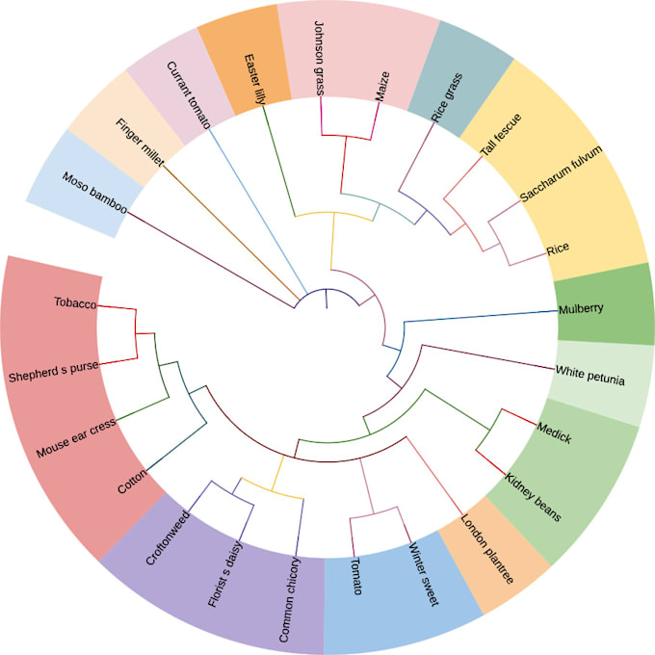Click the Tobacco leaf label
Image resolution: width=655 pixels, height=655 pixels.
(75, 304)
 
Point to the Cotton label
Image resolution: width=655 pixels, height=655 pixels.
(131, 480)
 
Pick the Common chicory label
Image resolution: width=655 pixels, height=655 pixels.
(290, 599)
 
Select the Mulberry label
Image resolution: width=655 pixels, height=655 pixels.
(581, 309)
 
